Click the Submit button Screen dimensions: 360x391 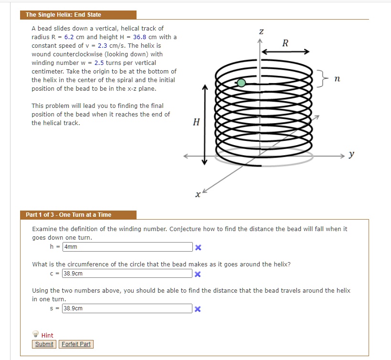44,344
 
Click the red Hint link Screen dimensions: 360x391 47,336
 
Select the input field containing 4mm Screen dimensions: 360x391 127,247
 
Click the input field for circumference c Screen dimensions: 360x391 127,274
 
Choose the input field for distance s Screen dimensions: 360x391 127,308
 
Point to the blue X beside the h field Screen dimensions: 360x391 198,247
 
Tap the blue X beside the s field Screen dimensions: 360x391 198,309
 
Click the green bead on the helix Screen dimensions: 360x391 242,83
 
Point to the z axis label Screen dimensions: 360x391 261,32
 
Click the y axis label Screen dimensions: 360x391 351,155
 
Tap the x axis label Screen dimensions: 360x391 197,194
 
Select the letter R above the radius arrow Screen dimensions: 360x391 285,43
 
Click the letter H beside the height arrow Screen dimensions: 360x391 196,122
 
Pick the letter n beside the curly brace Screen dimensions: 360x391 337,78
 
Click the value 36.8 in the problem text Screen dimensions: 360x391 139,37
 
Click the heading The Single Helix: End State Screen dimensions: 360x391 63,15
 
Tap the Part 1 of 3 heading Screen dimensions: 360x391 69,215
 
